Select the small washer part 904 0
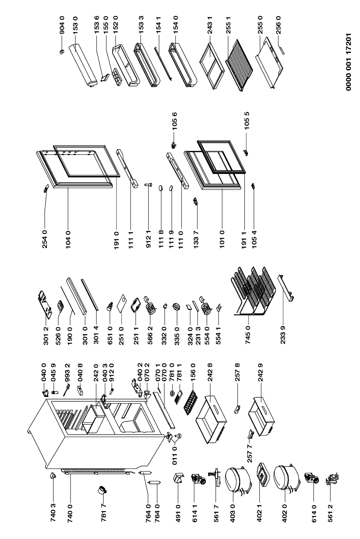(62, 52)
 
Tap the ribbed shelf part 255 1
(239, 65)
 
